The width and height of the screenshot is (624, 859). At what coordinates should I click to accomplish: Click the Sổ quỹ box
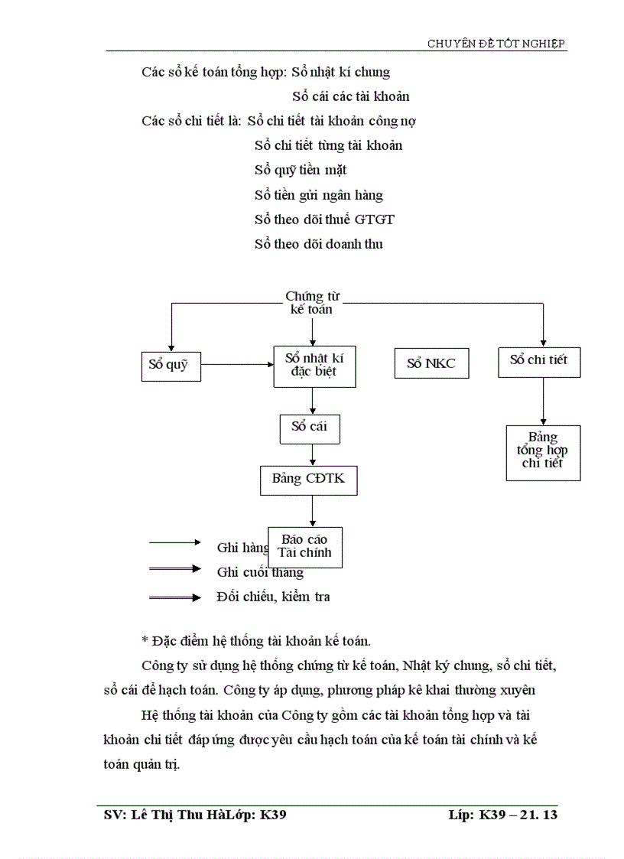[167, 365]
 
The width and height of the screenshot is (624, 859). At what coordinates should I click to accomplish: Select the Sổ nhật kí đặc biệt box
[313, 366]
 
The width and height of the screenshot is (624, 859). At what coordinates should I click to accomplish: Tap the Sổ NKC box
[431, 363]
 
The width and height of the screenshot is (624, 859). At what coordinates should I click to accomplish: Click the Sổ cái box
[309, 427]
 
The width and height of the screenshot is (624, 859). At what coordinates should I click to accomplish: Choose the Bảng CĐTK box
[309, 480]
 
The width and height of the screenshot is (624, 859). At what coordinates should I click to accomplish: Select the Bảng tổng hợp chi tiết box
[542, 452]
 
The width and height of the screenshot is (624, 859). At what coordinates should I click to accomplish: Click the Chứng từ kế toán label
[310, 302]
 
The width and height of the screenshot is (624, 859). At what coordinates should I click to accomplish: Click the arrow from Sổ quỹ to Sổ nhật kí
[236, 365]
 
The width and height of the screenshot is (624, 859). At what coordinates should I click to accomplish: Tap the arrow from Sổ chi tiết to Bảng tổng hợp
[543, 402]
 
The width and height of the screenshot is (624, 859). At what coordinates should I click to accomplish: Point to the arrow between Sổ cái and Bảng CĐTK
[312, 454]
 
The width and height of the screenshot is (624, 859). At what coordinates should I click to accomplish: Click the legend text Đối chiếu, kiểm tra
[274, 597]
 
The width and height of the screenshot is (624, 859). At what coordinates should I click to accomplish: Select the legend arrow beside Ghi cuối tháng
[175, 569]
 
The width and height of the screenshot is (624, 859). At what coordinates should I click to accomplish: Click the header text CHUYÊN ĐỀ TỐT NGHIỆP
[496, 44]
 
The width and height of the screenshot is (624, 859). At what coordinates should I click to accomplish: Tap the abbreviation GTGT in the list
[375, 220]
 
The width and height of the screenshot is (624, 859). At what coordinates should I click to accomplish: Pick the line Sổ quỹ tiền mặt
[301, 170]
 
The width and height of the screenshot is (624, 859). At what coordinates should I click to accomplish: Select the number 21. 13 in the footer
[538, 815]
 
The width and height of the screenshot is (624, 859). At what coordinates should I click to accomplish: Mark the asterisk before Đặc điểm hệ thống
[145, 641]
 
